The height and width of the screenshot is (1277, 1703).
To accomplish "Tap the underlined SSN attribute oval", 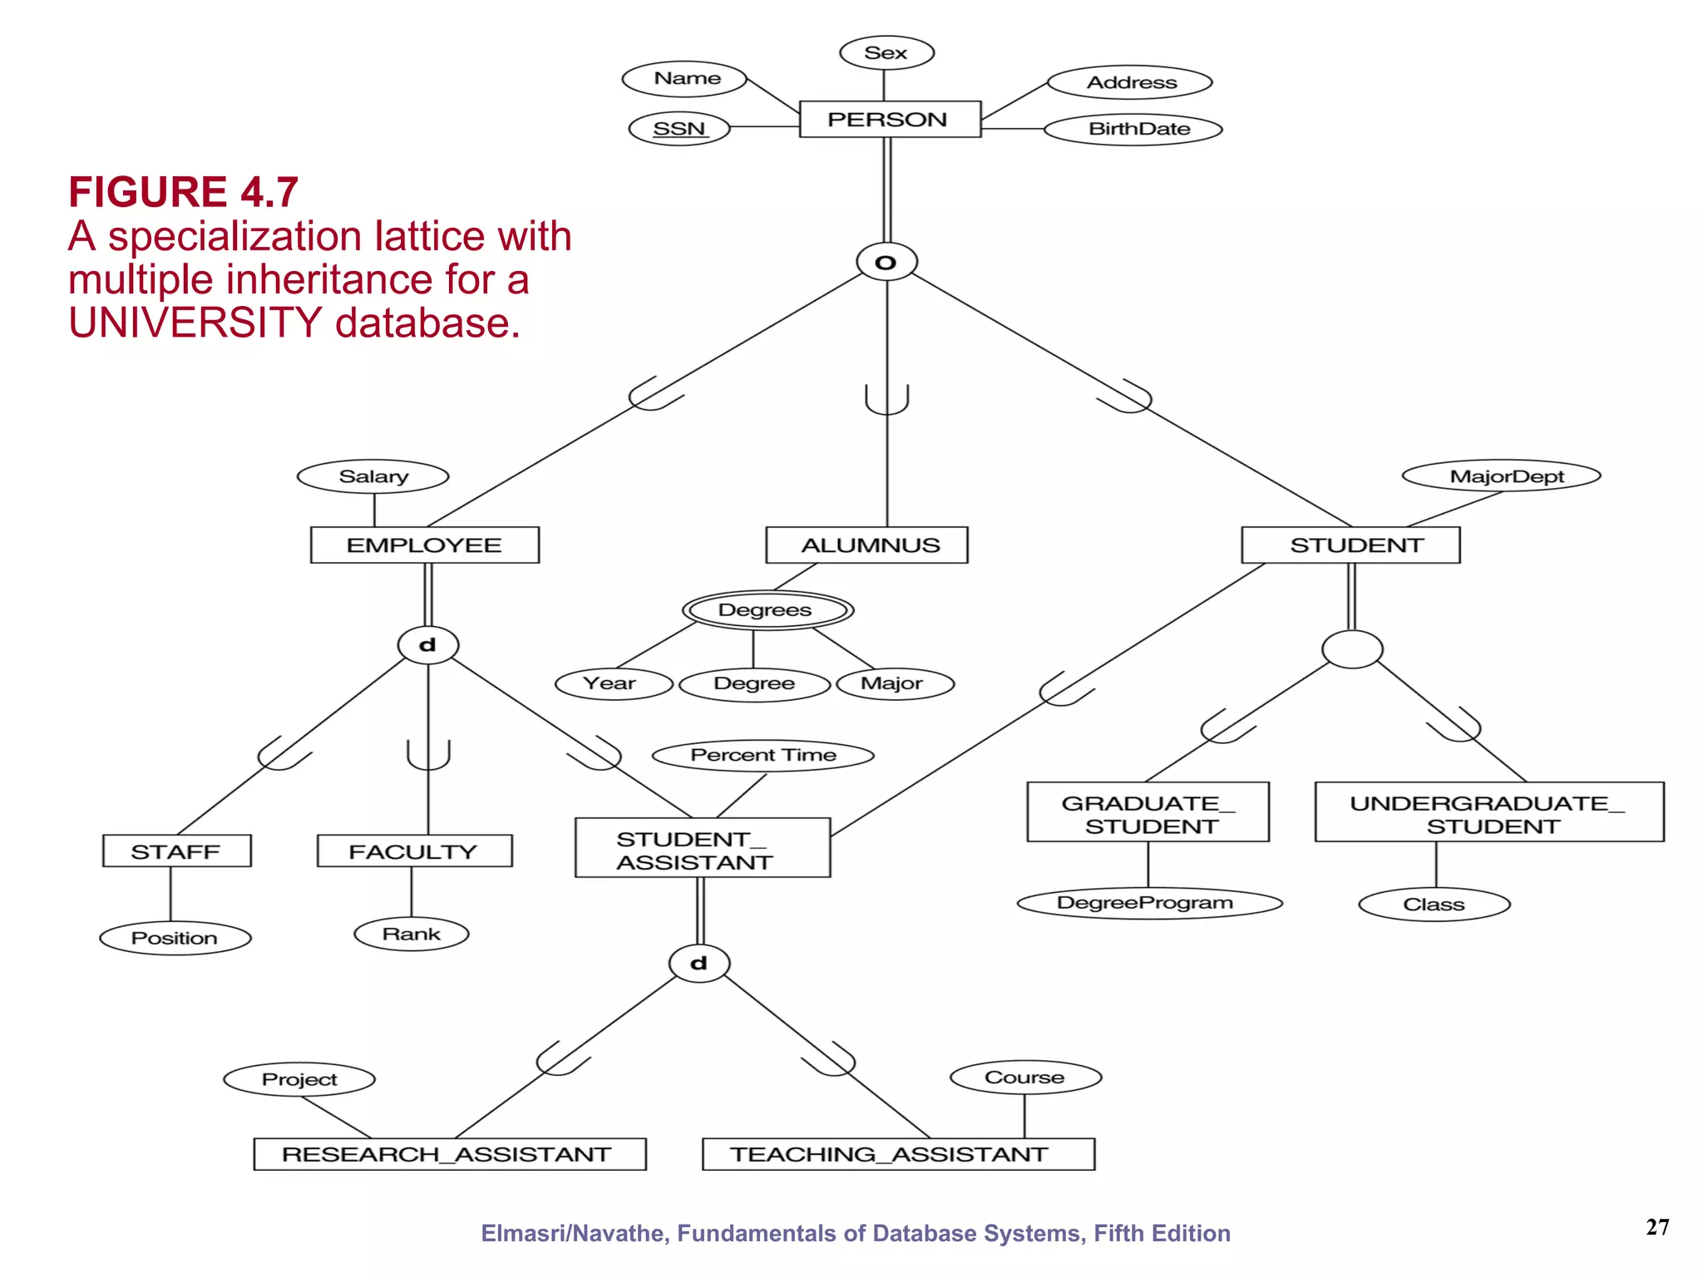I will [679, 129].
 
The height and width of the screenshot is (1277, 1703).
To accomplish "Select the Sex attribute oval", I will [886, 52].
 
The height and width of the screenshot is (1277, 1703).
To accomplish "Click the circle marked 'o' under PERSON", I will [886, 263].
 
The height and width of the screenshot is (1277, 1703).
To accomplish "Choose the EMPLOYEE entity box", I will [425, 545].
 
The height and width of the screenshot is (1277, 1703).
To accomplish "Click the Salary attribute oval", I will [373, 476].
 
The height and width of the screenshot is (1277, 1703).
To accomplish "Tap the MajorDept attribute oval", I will [1501, 476].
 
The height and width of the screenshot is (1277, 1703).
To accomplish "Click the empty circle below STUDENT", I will [1352, 649].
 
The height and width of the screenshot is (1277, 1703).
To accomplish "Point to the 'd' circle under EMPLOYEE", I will [427, 645].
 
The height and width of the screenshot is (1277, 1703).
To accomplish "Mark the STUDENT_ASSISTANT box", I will [703, 848].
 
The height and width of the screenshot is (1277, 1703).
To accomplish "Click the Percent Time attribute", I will [763, 755].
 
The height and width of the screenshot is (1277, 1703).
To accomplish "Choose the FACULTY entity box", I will [414, 851].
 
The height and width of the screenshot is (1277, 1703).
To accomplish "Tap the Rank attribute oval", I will [412, 934].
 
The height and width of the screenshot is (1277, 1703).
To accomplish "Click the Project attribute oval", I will [299, 1079].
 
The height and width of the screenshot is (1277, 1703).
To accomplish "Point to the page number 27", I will [1656, 1227].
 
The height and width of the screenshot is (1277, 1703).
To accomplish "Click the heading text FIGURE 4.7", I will [183, 192].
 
